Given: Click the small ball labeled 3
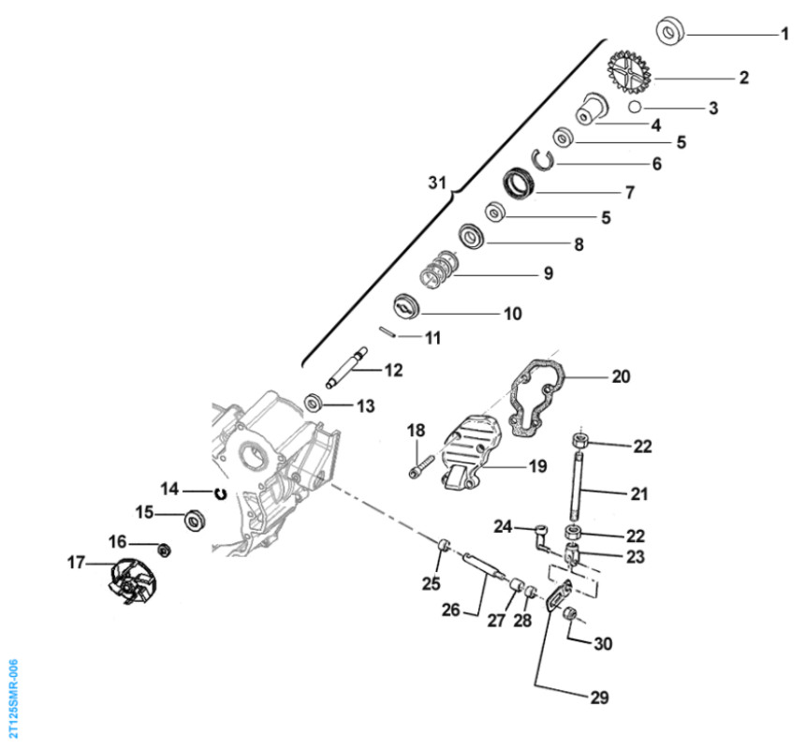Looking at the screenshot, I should pyautogui.click(x=635, y=109).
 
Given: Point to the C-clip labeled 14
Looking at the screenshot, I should pyautogui.click(x=221, y=492).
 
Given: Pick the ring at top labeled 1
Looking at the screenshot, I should pyautogui.click(x=670, y=33).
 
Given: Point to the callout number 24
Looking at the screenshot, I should pyautogui.click(x=503, y=526).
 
